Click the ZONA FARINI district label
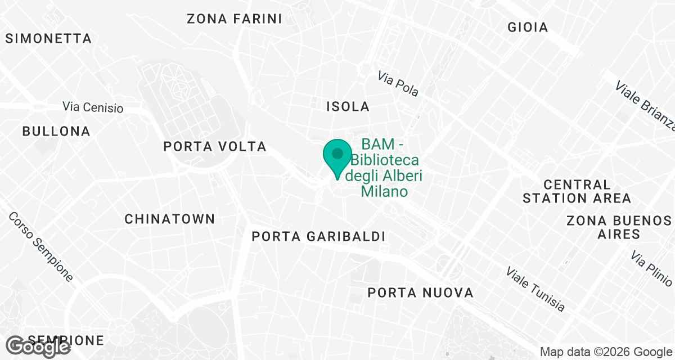(x=234, y=19)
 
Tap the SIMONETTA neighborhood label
(x=48, y=39)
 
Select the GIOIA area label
(x=527, y=27)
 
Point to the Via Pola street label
(x=398, y=84)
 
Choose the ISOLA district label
(x=348, y=106)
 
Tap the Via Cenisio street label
(x=93, y=107)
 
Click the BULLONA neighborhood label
(x=56, y=132)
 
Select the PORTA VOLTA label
(x=214, y=147)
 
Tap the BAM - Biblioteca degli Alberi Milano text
(x=385, y=168)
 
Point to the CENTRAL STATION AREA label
(x=577, y=191)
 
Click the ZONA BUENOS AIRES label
(x=619, y=227)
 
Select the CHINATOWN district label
(x=169, y=219)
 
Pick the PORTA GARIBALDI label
(x=318, y=237)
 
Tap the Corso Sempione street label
(x=41, y=247)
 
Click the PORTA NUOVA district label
(x=420, y=293)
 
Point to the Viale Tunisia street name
(x=535, y=289)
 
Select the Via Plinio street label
(x=651, y=268)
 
